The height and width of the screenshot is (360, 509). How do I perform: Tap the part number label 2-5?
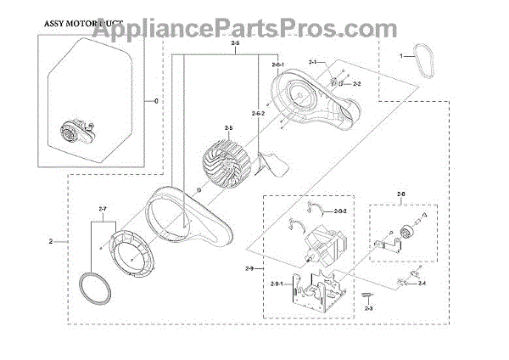(228, 127)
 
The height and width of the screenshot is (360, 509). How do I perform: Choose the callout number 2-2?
(357, 84)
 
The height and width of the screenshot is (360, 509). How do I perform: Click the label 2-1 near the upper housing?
(313, 63)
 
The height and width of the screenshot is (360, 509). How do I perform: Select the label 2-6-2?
(259, 113)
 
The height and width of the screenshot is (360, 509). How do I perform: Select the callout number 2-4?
(422, 283)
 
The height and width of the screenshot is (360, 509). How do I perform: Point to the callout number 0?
(155, 100)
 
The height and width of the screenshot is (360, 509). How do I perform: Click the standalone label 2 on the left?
(52, 242)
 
